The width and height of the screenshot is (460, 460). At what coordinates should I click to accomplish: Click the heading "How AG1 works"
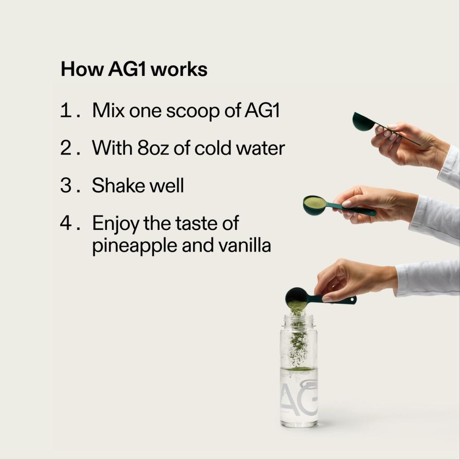pos(134,70)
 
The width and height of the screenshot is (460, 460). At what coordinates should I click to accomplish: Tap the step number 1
pos(66,111)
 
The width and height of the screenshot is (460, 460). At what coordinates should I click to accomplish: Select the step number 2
pos(66,148)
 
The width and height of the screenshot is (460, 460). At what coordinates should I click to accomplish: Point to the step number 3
pos(66,185)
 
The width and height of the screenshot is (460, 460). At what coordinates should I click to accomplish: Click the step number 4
pos(66,223)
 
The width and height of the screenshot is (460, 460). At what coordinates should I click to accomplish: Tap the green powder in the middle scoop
pos(314,203)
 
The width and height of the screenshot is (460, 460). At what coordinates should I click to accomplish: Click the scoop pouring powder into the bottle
pos(297,296)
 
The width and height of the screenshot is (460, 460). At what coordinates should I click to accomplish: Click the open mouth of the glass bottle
pos(298,318)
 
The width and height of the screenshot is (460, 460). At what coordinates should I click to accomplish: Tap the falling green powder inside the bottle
pos(297,344)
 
